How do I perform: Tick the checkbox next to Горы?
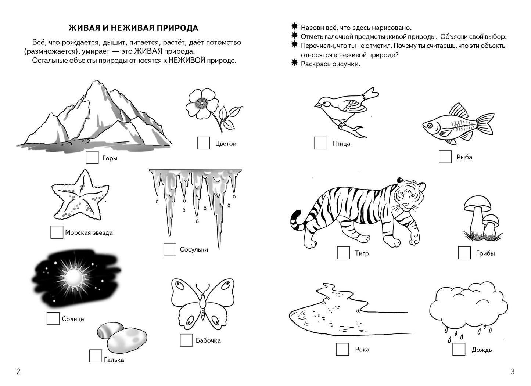(92, 158)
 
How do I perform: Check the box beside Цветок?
(203, 143)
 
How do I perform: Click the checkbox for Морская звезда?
(57, 232)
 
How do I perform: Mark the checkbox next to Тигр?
(343, 253)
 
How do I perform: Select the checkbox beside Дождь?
(459, 349)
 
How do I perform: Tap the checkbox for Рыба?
(445, 156)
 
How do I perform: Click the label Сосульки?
(194, 249)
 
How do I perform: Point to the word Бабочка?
(208, 340)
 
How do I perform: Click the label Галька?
(114, 360)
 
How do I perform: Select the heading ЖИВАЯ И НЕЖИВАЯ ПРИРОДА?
(133, 28)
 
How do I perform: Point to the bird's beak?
(316, 105)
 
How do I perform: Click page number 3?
(513, 372)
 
